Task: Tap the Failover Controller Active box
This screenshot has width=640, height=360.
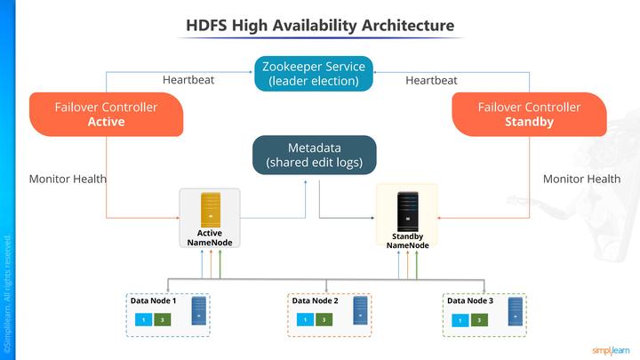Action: point(106,114)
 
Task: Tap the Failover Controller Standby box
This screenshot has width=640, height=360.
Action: point(529,114)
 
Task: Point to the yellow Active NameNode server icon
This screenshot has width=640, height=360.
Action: point(210,209)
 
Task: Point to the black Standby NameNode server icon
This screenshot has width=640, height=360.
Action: point(407,209)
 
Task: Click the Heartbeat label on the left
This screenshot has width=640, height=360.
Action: point(188,80)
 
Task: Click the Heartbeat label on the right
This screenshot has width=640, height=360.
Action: point(431,80)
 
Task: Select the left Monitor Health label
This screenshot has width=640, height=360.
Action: point(68,179)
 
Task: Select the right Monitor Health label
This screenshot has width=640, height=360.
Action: point(581,179)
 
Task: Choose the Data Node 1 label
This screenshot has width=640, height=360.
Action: point(148,301)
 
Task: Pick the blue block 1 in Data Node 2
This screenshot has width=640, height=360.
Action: point(305,320)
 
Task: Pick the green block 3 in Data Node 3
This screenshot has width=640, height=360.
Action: point(477,320)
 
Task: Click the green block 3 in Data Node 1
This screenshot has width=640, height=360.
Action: point(161,320)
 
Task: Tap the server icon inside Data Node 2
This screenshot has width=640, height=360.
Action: point(360,311)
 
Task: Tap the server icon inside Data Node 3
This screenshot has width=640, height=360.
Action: point(515,311)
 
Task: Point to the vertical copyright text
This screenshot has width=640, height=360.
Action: point(8,292)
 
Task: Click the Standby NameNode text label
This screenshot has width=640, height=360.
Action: point(408,241)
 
